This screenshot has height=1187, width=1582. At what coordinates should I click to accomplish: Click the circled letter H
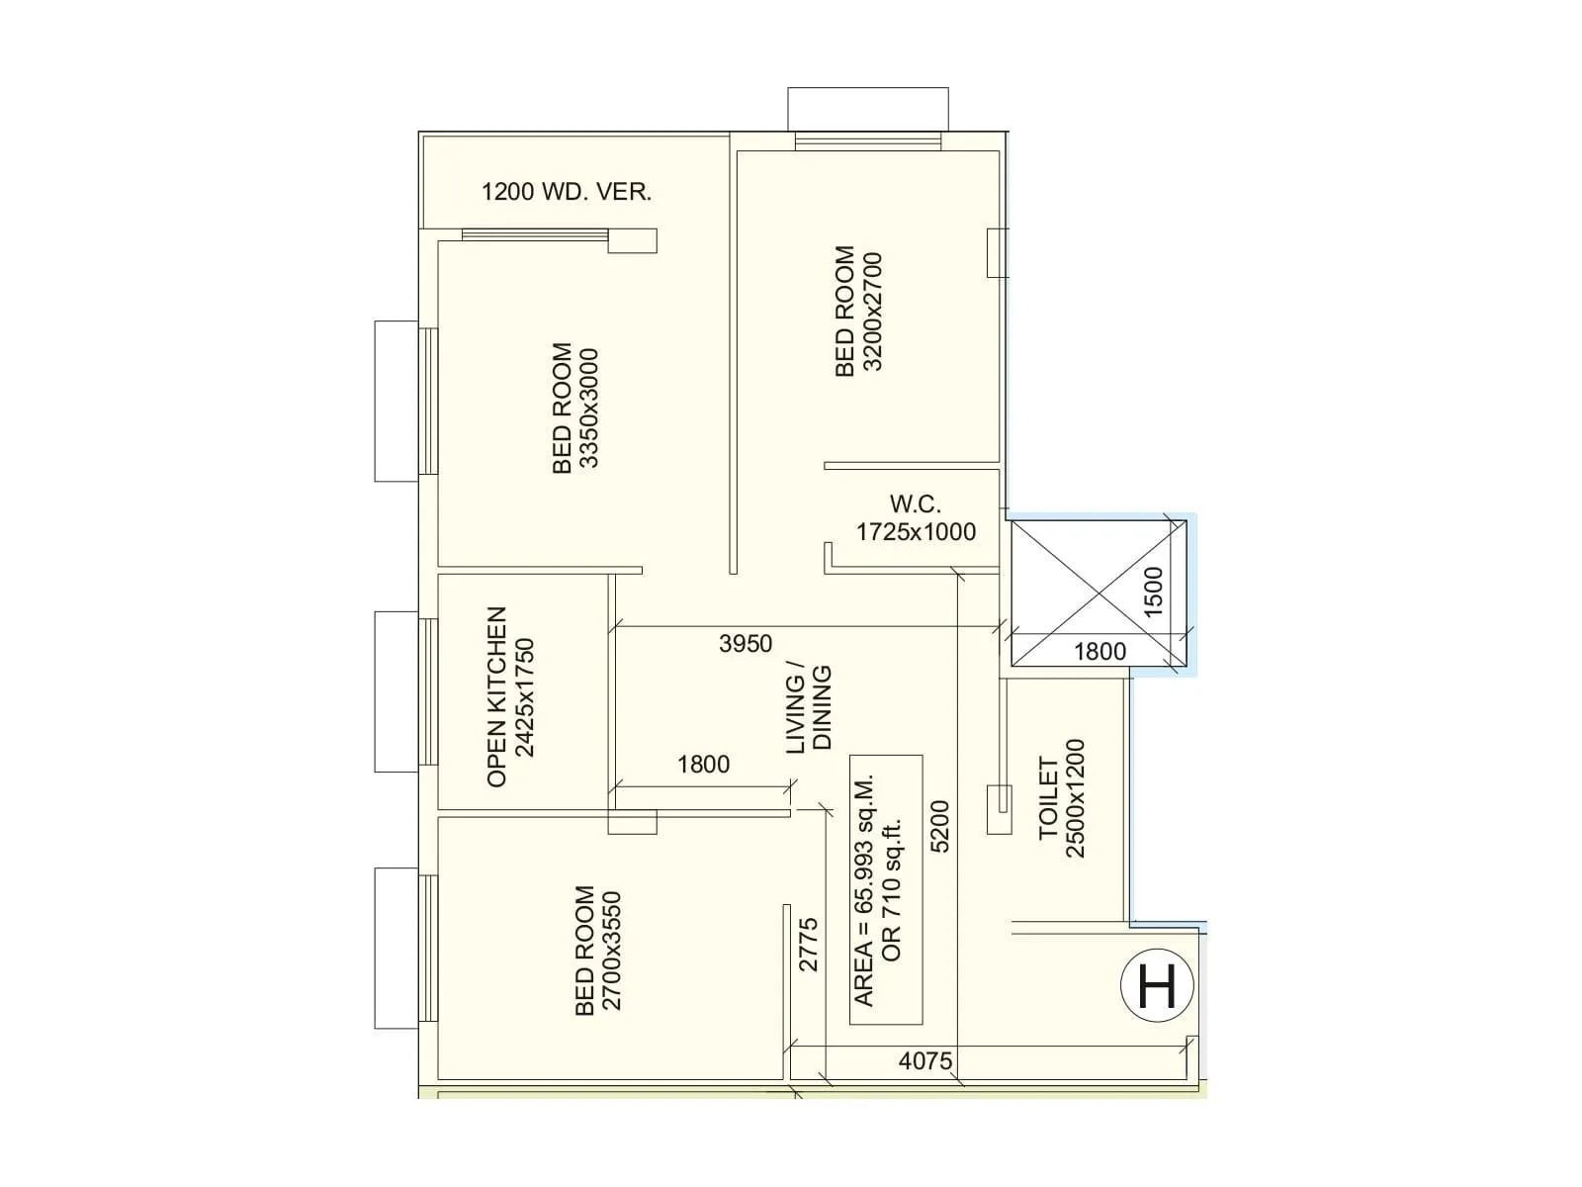coord(1157,986)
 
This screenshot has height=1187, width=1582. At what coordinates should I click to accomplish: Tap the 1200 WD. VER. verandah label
coord(567,192)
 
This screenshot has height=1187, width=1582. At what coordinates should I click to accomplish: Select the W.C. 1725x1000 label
coord(916,518)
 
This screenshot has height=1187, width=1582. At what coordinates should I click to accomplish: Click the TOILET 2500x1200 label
coord(1062,798)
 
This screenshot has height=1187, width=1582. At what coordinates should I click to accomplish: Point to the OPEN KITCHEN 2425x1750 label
coord(510,697)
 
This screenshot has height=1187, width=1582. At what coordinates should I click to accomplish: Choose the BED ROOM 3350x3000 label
coord(575,409)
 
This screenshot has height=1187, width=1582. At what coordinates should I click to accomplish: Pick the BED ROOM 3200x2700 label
coord(857,312)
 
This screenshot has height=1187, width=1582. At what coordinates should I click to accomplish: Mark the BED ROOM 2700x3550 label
coord(598,951)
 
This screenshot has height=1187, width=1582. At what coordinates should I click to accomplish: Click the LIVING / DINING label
coord(809,709)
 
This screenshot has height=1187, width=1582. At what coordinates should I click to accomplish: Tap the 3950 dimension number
coord(746,644)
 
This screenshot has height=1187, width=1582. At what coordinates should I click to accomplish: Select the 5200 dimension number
coord(939,826)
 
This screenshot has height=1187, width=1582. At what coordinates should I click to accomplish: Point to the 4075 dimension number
coord(925,1061)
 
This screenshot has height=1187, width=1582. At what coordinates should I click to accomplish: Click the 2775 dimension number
coord(808,945)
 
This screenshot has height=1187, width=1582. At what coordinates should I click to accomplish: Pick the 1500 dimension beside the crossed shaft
coord(1153,592)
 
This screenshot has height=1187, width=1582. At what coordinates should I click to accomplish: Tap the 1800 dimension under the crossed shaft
coord(1099,651)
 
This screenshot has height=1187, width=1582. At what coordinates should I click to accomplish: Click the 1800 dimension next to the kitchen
coord(703,765)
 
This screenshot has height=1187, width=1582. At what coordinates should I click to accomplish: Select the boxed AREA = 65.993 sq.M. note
coord(886,889)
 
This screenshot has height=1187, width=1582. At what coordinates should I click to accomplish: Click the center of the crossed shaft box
coord(1098,593)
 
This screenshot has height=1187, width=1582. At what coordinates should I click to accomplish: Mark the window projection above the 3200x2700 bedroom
coord(867,109)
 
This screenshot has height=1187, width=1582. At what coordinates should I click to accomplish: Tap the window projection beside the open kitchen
coord(396,691)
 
